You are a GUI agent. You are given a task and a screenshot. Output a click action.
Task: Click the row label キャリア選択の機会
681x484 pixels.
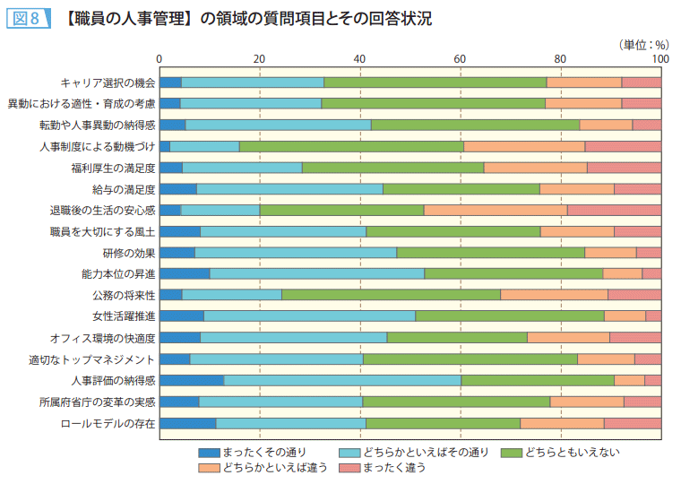[x=108, y=82]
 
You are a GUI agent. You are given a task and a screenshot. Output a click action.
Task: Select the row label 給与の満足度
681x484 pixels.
[x=125, y=189]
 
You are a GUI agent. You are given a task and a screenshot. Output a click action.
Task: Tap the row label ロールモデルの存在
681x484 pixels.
[x=108, y=424]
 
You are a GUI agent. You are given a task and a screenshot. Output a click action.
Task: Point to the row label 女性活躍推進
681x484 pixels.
[x=125, y=316]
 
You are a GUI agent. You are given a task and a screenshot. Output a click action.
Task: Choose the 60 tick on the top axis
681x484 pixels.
[x=460, y=59]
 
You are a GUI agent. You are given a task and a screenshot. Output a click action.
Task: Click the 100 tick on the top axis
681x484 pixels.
[x=659, y=59]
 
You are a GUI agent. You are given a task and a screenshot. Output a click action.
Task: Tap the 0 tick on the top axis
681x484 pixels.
[x=159, y=59]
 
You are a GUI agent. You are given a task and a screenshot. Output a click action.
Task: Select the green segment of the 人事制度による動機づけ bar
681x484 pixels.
[x=351, y=146]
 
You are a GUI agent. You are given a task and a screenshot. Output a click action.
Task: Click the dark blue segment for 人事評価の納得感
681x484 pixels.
[x=192, y=381]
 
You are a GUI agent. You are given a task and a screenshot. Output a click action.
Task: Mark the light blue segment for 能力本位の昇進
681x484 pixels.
[x=317, y=273]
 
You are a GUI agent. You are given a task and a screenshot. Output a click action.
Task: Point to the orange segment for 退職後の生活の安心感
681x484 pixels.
[x=495, y=210]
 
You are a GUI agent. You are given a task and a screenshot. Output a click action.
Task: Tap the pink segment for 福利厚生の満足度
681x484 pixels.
[x=624, y=168]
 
